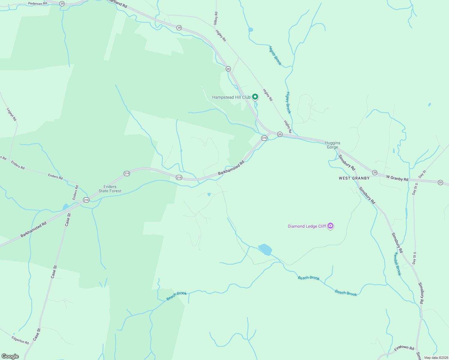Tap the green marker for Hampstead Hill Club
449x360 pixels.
point(255,97)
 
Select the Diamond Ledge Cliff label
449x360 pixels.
point(307,226)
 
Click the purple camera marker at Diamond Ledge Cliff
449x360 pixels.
point(330,226)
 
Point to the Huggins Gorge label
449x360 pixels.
point(333,145)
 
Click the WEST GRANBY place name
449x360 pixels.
point(354,178)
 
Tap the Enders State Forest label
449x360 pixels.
point(110,189)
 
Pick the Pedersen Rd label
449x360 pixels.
point(38,4)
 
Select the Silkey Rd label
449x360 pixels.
point(216,18)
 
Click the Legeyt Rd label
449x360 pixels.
point(12,114)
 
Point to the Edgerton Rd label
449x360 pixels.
point(20,340)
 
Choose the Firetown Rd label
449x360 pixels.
point(404,348)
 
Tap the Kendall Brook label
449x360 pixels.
point(397,264)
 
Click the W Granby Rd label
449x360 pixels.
point(397,178)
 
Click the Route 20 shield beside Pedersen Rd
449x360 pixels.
point(62,4)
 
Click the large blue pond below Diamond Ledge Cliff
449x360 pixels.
point(265,249)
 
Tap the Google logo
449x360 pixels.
point(10,356)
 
